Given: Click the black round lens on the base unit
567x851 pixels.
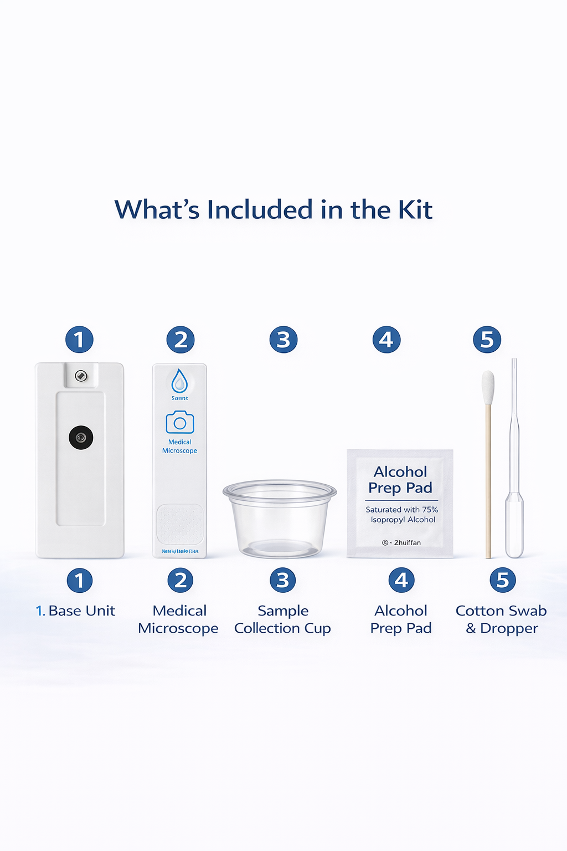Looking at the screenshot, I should click(81, 438).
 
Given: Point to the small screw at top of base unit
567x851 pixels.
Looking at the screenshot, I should click(81, 376).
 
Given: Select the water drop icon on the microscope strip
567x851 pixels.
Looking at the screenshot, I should click(179, 381).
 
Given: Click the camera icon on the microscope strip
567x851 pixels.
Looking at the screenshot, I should click(180, 423).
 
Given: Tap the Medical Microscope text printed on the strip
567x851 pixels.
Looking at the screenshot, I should click(179, 447).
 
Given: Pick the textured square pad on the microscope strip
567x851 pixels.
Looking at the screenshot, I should click(180, 524).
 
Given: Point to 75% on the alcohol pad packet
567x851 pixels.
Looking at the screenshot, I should click(430, 510).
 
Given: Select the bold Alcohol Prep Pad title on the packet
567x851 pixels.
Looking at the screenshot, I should click(400, 480).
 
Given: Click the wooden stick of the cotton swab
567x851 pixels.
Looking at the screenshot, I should click(488, 482).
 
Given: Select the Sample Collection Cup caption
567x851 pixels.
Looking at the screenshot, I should click(282, 619).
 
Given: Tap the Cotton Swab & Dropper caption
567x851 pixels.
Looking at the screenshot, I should click(501, 619).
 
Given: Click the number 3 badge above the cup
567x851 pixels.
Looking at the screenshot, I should click(283, 340).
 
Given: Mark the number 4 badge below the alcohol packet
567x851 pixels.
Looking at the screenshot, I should click(401, 580).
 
